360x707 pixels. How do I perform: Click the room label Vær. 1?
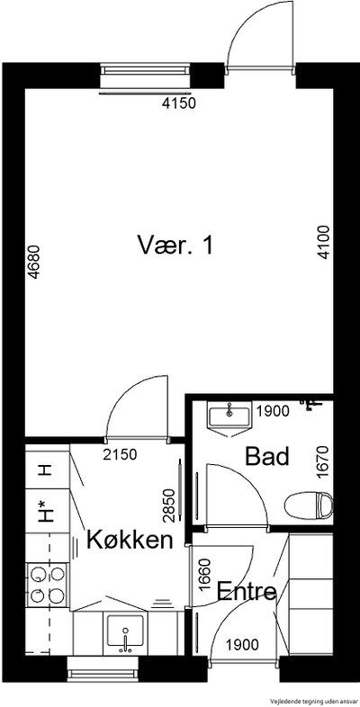click(x=175, y=246)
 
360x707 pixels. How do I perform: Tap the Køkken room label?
click(x=130, y=540)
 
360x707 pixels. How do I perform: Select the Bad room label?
click(x=266, y=457)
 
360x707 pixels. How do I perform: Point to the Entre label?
click(x=247, y=592)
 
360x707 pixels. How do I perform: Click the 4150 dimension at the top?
click(x=179, y=103)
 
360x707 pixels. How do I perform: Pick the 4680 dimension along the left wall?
click(x=34, y=262)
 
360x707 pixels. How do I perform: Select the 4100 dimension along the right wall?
click(x=324, y=242)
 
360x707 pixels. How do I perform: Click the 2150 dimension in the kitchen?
click(x=120, y=454)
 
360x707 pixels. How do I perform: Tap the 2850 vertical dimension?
click(x=168, y=506)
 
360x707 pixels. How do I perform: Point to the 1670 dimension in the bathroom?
click(x=323, y=461)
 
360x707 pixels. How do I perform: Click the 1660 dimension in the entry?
click(x=205, y=575)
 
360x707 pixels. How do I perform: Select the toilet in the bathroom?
click(x=309, y=505)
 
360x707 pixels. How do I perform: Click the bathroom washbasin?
click(x=229, y=418)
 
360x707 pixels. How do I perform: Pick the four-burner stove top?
click(x=47, y=586)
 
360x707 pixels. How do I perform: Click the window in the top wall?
click(x=145, y=74)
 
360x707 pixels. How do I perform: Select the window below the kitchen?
click(x=103, y=669)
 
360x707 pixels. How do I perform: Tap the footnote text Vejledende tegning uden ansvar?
click(x=313, y=701)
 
